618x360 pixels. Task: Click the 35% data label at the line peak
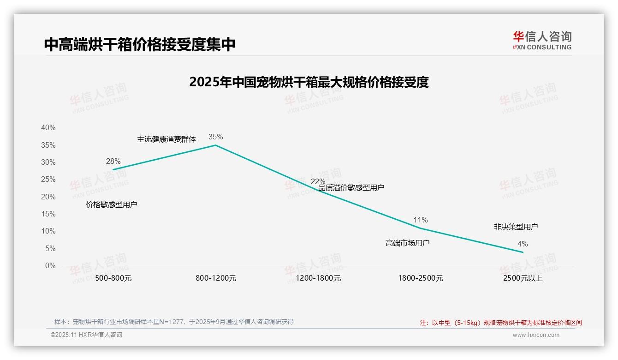point(215,137)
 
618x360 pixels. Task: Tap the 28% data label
point(113,161)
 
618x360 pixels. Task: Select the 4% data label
point(523,244)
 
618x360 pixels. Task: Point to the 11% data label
point(421,220)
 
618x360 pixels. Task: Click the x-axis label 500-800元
point(113,278)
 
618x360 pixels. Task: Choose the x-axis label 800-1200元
point(216,278)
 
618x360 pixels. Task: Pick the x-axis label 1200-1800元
point(318,278)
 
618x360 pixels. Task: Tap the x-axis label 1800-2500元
point(421,278)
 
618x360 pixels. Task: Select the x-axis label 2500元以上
point(523,278)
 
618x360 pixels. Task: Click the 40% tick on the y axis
point(48,128)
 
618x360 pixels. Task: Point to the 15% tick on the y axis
point(48,214)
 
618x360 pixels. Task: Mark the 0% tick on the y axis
point(50,266)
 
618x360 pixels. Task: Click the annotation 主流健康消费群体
point(166,139)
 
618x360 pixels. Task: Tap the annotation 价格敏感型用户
point(112,204)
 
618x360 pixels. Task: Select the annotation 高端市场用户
point(407,242)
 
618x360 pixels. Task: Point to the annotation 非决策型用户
point(516,227)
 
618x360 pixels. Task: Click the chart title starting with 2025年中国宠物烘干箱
point(309,82)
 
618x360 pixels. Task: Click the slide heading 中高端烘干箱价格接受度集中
point(140,44)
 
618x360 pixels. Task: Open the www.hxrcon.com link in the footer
point(536,335)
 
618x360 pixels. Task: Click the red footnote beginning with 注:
point(501,323)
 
